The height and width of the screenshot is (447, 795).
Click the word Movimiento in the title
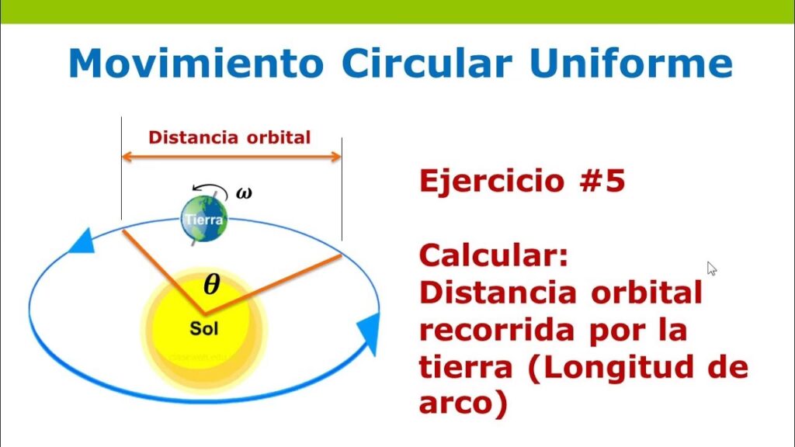coord(196,63)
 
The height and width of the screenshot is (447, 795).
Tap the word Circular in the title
coord(427,63)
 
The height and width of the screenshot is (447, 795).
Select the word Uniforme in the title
coord(631,63)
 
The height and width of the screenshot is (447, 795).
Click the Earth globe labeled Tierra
coord(204,219)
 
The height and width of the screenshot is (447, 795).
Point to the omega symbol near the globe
coord(244,192)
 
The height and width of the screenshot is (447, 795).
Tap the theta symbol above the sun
coord(212,284)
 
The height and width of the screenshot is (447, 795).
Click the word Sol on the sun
coord(204,328)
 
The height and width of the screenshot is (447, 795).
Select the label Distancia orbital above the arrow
coord(229,137)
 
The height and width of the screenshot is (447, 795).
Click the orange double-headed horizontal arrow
coord(231,157)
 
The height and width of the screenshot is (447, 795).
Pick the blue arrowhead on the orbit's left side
coord(82,242)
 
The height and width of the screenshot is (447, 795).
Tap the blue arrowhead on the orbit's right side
coord(370,332)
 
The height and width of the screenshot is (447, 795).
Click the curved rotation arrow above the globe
coord(210,189)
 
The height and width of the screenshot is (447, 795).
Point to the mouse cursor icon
coord(712,269)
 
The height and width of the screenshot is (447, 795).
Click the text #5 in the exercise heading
coord(602,180)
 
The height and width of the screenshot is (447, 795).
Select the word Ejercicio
coord(491,182)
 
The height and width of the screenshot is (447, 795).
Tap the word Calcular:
coord(494,255)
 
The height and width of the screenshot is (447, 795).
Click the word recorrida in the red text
coord(498,329)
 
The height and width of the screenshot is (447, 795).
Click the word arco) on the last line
coord(463,404)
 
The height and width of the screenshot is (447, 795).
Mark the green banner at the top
coord(397,11)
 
